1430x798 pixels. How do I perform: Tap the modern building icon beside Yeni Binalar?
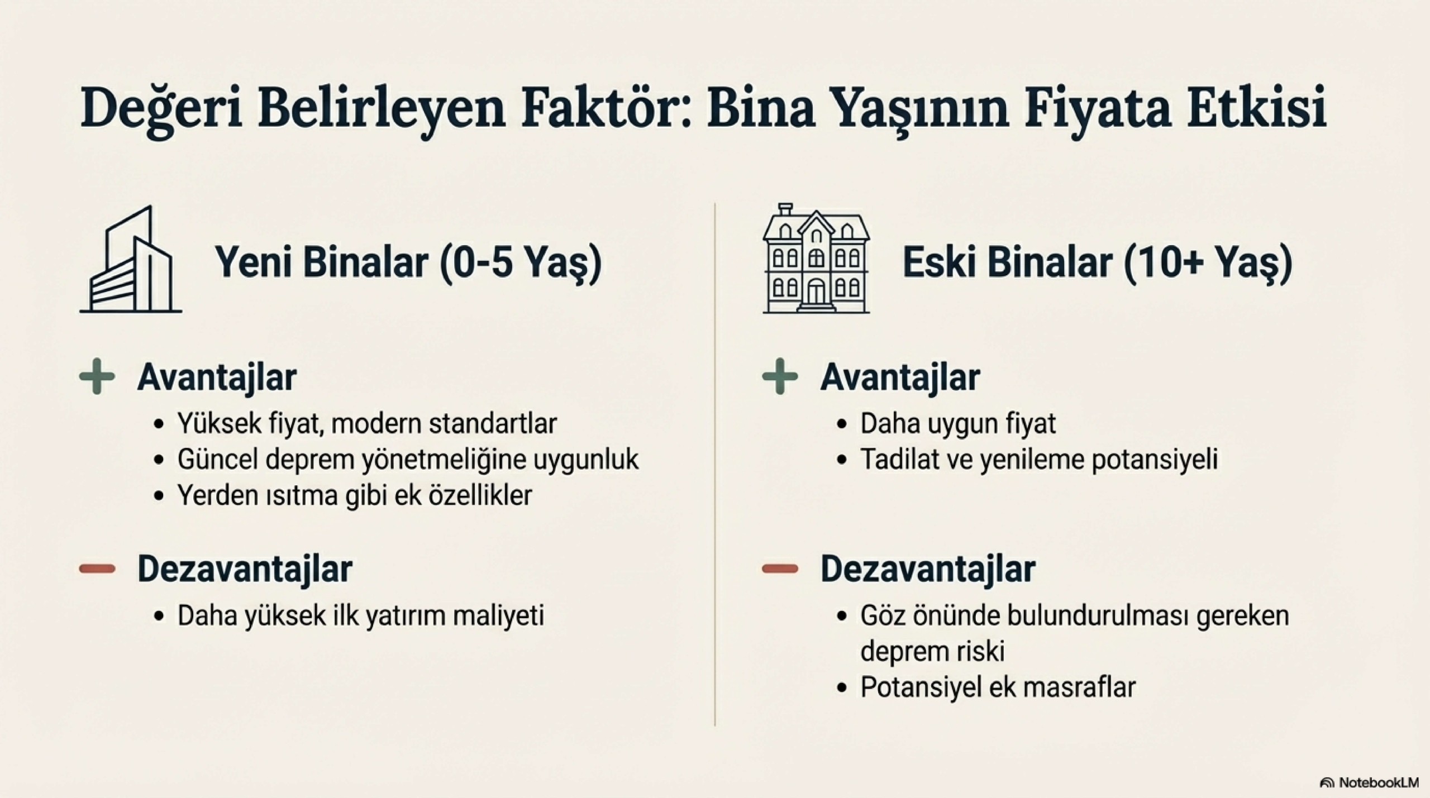131,259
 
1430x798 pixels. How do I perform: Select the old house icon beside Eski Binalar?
816,258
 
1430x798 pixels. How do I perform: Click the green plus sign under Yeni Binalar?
97,377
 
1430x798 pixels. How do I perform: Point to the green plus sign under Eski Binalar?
780,377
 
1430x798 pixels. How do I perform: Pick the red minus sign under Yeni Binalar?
97,569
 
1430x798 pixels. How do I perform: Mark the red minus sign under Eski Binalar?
780,569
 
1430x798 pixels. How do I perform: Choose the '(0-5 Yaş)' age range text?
521,262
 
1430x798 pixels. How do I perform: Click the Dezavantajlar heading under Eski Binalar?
928,569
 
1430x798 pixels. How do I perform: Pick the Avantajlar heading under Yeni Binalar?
217,378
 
